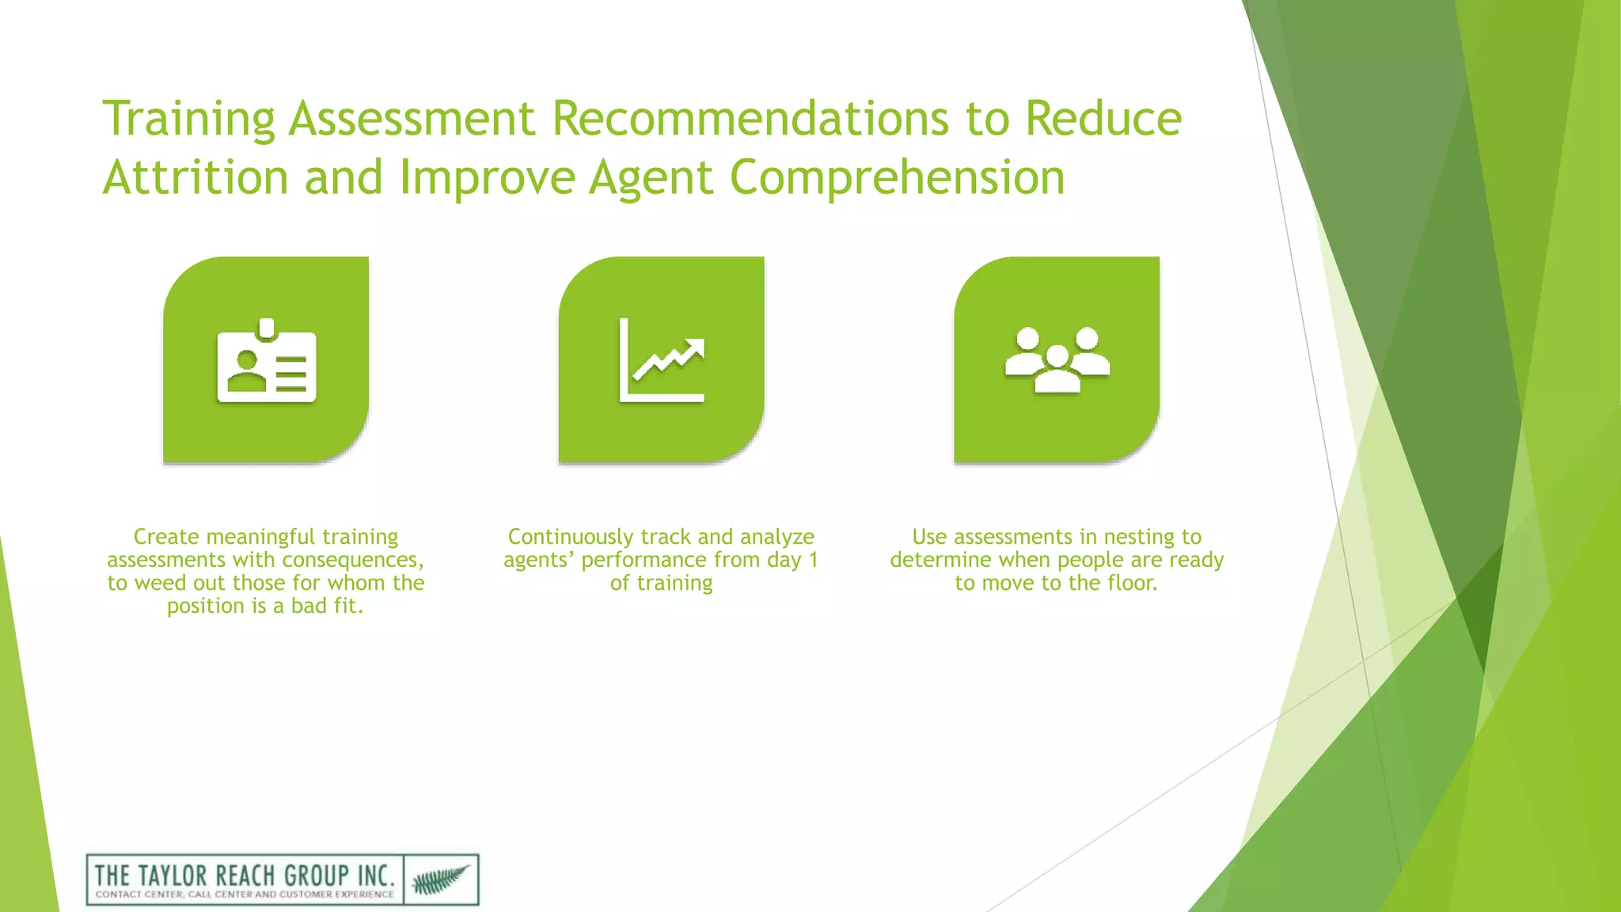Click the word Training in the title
coord(188,120)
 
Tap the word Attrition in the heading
coord(195,177)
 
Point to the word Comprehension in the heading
coord(897,177)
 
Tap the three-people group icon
coord(1057,360)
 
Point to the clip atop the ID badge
coord(267,329)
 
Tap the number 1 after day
coord(813,560)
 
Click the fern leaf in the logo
coord(441,880)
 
